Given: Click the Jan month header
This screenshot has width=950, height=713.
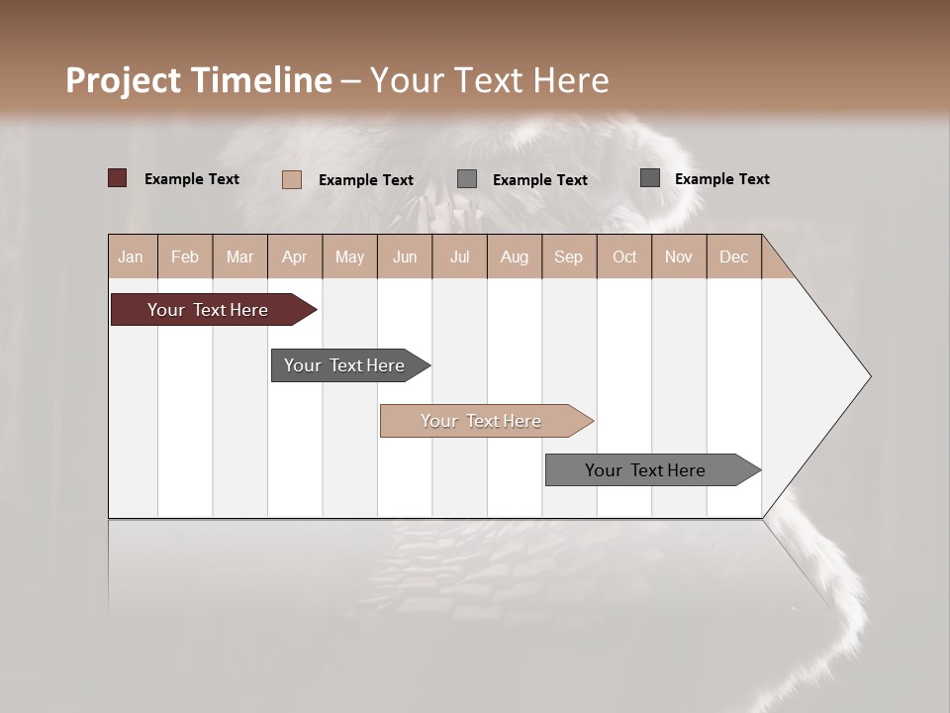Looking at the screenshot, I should click(131, 256).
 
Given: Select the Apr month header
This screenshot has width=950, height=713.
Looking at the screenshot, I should click(294, 256).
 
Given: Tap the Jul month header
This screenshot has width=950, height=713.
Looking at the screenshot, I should click(459, 256).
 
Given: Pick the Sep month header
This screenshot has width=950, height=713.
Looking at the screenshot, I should click(568, 256).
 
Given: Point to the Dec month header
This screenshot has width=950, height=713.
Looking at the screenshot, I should click(733, 256).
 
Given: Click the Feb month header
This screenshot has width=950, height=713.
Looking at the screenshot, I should click(185, 256).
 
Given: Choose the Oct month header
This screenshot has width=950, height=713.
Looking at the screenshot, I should click(624, 256).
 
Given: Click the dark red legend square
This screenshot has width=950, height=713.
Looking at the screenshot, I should click(117, 178).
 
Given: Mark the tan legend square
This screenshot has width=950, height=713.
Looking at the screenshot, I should click(291, 179).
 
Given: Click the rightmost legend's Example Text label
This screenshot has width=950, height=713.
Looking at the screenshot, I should click(721, 179).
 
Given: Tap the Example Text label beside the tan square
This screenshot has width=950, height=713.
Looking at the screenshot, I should click(365, 180).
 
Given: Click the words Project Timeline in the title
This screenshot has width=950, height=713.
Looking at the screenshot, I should click(198, 80).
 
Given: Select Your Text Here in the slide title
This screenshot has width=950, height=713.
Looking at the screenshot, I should click(490, 80).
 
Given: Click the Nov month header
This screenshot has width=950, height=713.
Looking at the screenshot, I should click(678, 256).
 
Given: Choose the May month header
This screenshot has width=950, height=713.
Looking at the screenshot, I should click(349, 256).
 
